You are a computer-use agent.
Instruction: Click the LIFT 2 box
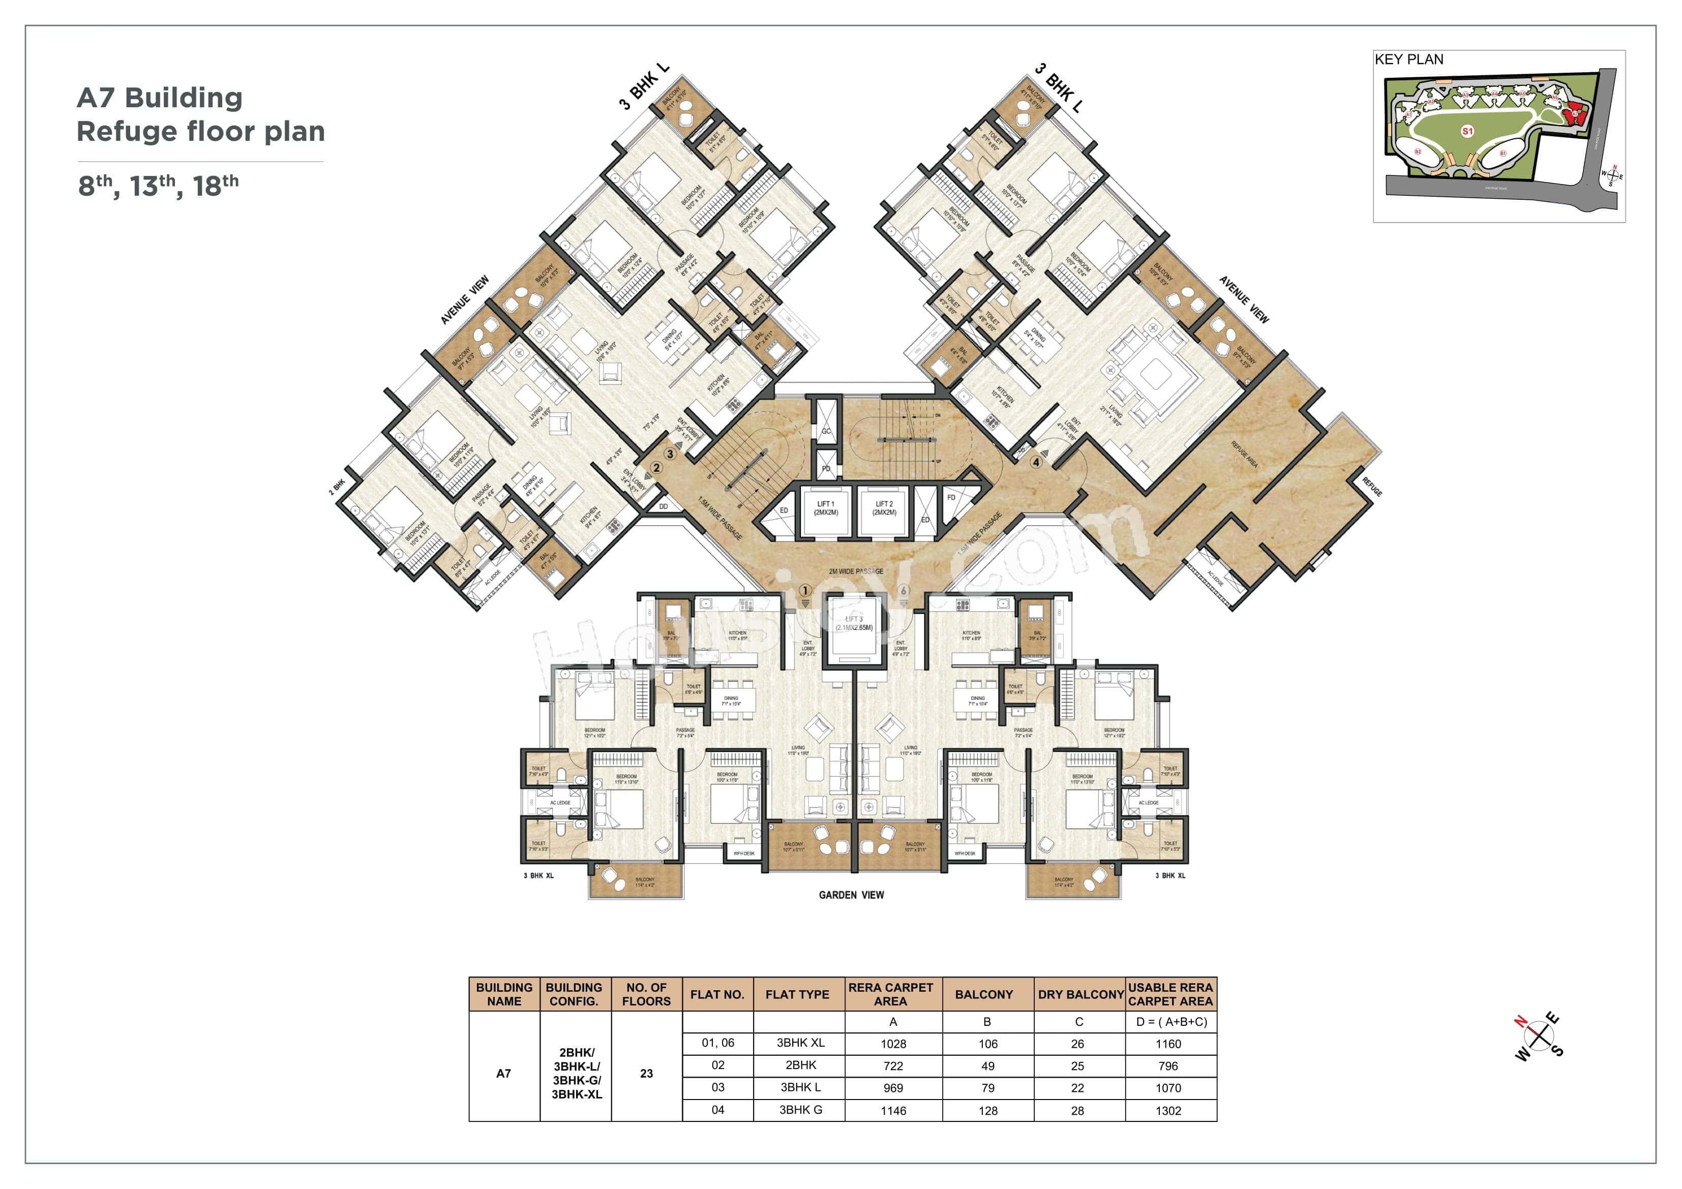[884, 508]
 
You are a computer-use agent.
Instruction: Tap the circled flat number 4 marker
[1036, 462]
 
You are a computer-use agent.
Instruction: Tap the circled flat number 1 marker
[805, 591]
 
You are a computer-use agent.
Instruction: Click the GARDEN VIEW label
[851, 895]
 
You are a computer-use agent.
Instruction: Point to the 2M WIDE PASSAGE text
[856, 571]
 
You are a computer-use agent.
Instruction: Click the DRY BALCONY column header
[1080, 994]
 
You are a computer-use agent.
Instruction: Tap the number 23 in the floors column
[646, 1073]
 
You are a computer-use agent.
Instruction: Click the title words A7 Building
[159, 98]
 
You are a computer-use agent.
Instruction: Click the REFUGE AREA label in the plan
[1244, 455]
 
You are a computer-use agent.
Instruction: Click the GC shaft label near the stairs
[826, 432]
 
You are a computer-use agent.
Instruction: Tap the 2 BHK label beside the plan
[337, 486]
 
